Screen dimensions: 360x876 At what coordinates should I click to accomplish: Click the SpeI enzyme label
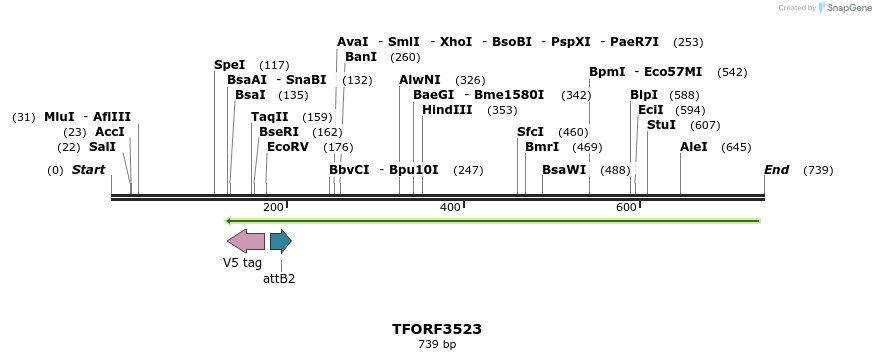pos(229,65)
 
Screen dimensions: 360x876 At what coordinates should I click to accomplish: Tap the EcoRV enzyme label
pos(288,147)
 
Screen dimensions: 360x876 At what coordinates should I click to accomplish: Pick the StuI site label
pos(661,125)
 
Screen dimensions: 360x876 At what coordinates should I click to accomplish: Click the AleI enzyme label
pos(694,147)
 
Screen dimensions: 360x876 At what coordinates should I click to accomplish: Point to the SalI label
pos(102,147)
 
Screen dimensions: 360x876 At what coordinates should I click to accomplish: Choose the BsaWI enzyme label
pos(564,170)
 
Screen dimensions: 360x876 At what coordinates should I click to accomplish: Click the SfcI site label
pos(530,132)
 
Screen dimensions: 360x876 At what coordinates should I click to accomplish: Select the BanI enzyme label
pos(361,57)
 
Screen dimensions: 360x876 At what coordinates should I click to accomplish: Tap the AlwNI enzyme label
pos(419,80)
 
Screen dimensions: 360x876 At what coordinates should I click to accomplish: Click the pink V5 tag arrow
pos(246,241)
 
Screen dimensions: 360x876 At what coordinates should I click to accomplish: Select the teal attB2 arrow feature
pos(280,241)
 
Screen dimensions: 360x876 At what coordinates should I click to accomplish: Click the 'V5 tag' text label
pos(242,263)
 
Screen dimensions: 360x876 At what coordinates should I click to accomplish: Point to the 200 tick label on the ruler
pos(273,207)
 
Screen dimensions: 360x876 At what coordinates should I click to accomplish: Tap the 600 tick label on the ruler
pos(626,207)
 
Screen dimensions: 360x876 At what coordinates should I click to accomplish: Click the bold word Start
pos(88,170)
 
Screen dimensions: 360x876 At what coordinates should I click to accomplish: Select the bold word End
pos(776,170)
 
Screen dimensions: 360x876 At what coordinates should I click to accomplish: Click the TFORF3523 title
pos(437,329)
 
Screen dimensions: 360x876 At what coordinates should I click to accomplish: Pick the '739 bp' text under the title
pos(437,345)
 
